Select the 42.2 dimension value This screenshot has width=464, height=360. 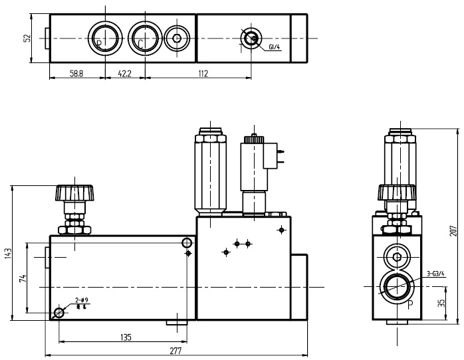pos(124,73)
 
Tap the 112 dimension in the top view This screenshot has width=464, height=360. pos(203,73)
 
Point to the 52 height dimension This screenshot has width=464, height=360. pos(27,38)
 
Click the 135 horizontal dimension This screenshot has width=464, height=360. pos(125,337)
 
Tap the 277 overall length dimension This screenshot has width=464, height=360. pos(176,351)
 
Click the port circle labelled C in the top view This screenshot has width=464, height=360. pos(144,38)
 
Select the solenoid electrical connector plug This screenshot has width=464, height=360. pos(273,157)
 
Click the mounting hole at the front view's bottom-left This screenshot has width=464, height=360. pos(60,313)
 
